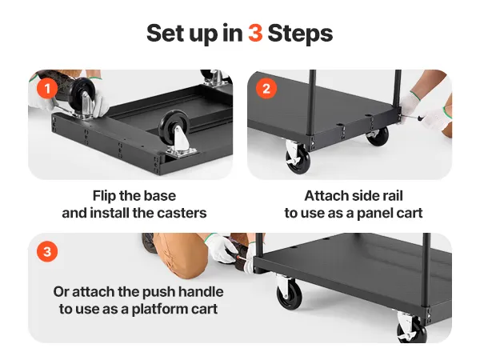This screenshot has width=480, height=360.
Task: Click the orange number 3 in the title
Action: tap(255, 33)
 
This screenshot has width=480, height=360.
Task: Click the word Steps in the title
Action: tap(300, 34)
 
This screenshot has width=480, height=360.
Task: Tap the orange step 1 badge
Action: tap(47, 89)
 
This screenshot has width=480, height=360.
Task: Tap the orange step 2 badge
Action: tap(266, 89)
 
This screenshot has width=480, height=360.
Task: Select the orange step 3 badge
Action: tap(47, 252)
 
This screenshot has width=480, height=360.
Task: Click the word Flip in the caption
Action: tap(104, 196)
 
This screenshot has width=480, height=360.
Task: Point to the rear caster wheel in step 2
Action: tap(378, 136)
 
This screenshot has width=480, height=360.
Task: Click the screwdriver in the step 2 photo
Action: tap(414, 117)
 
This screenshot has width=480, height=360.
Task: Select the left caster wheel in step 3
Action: tap(289, 294)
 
